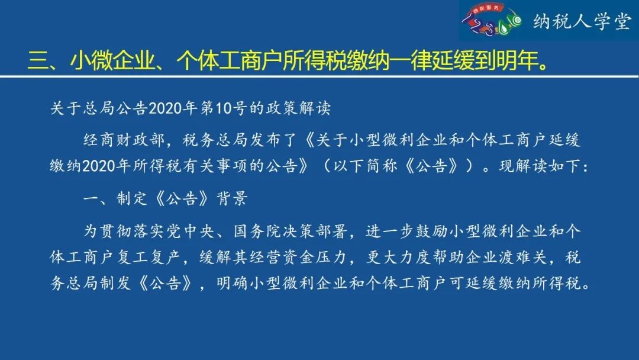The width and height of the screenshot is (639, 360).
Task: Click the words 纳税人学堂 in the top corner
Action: [x=582, y=21]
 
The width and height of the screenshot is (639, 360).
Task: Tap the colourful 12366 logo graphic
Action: [x=492, y=20]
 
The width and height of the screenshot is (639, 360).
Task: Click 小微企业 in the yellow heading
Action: [x=113, y=61]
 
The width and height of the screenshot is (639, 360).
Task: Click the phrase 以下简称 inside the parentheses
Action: [x=365, y=166]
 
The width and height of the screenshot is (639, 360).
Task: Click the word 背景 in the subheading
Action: [x=233, y=198]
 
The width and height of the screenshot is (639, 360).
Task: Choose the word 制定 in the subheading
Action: [x=132, y=198]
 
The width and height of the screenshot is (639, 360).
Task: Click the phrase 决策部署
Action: [x=315, y=232]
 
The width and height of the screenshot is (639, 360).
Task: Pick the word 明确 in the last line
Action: [x=233, y=283]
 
